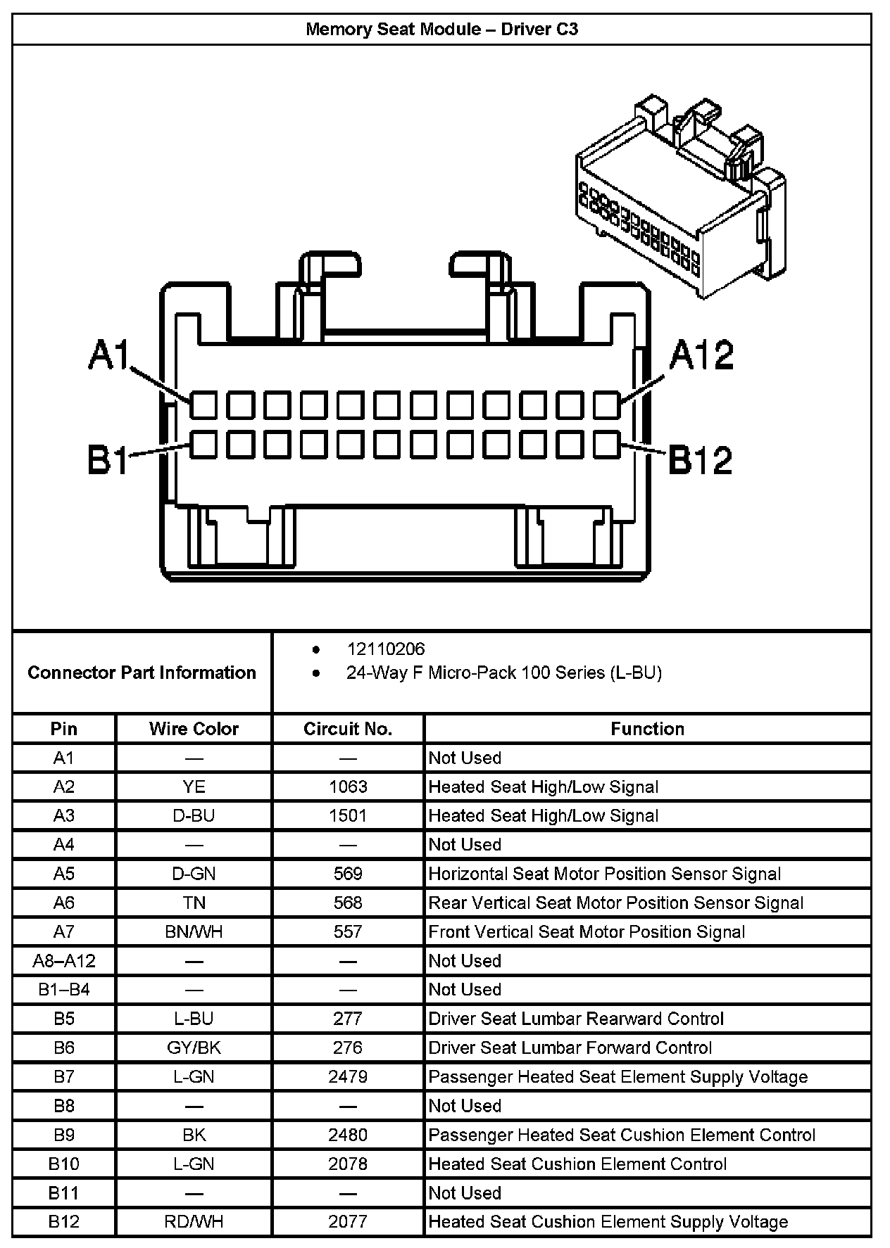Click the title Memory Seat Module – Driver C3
(x=441, y=30)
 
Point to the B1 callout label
(x=108, y=460)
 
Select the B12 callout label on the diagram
(x=699, y=460)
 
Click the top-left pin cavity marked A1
(x=203, y=406)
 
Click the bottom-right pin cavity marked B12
(x=606, y=445)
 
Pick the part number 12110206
(x=386, y=649)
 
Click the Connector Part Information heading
(x=142, y=673)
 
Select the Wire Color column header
(x=194, y=729)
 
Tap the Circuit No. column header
(x=348, y=729)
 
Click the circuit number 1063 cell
(x=348, y=787)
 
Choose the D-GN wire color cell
(x=194, y=874)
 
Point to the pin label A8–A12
(x=64, y=961)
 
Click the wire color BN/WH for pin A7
(x=194, y=932)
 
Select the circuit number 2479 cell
(x=348, y=1077)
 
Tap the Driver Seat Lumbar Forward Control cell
(x=570, y=1048)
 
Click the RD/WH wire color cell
(x=194, y=1222)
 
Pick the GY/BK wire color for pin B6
(x=194, y=1048)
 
